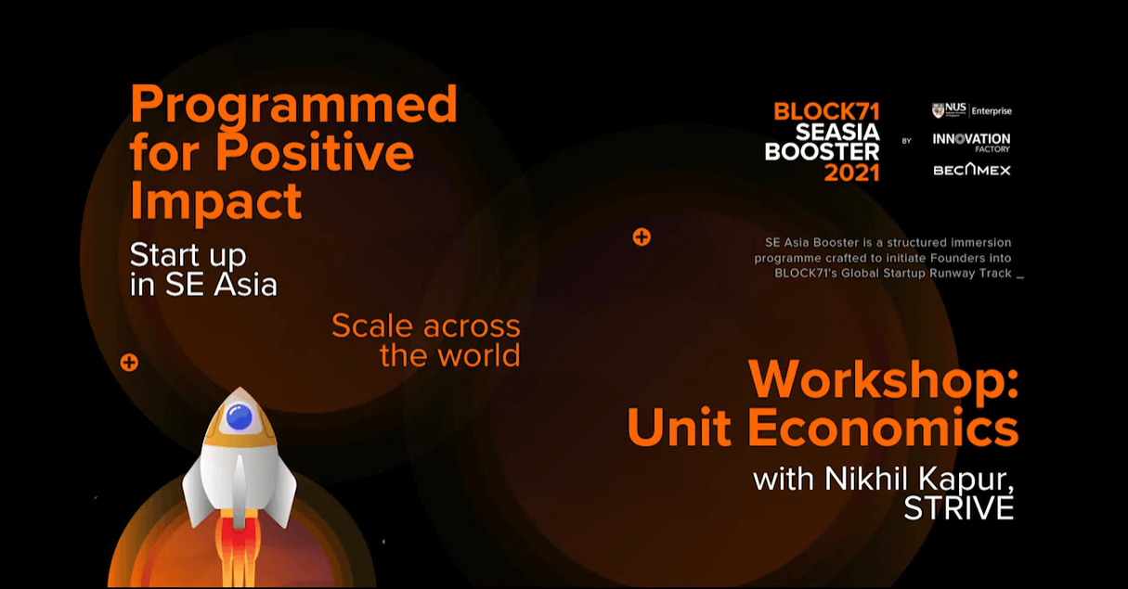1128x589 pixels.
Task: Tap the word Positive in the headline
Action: pyautogui.click(x=315, y=152)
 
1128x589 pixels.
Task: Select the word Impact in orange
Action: pyautogui.click(x=215, y=201)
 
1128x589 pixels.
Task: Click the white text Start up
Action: pyautogui.click(x=188, y=256)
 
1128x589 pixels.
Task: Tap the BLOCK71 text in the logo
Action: pyautogui.click(x=826, y=111)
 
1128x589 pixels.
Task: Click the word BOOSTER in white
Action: pyautogui.click(x=822, y=152)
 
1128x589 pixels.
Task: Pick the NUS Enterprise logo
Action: pyautogui.click(x=971, y=110)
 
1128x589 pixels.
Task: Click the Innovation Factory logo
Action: pyautogui.click(x=971, y=142)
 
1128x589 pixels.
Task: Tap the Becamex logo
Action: pyautogui.click(x=972, y=170)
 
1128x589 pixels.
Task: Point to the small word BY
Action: pyautogui.click(x=906, y=141)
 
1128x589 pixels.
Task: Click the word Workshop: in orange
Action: pyautogui.click(x=884, y=379)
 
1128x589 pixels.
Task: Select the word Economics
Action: pyautogui.click(x=883, y=427)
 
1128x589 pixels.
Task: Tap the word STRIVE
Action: pyautogui.click(x=959, y=507)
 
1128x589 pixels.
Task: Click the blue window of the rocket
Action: pyautogui.click(x=240, y=417)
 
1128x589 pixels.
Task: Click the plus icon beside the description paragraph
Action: pyautogui.click(x=642, y=237)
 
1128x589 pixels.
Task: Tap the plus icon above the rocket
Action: pyautogui.click(x=129, y=362)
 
